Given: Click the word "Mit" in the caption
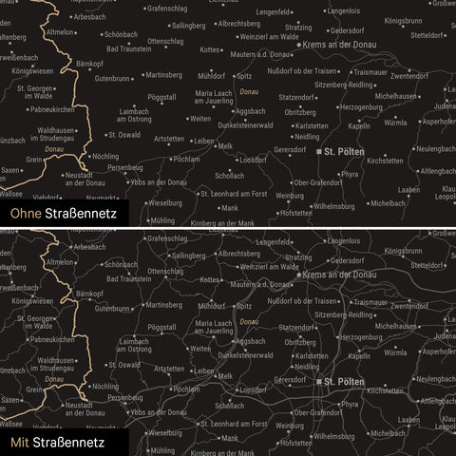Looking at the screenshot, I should pyautogui.click(x=18, y=442).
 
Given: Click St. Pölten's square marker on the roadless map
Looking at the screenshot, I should pyautogui.click(x=317, y=151).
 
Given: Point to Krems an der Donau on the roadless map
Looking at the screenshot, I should pyautogui.click(x=339, y=44).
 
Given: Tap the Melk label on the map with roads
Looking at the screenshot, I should pyautogui.click(x=224, y=376).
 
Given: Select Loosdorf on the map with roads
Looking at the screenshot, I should pyautogui.click(x=253, y=389).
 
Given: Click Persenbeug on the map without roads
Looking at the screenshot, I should pyautogui.click(x=124, y=166).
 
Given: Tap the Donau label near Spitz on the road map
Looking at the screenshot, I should pyautogui.click(x=249, y=322).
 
